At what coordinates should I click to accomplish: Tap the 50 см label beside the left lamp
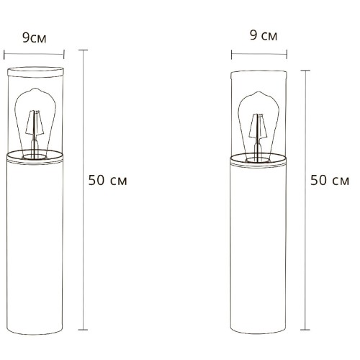[107, 180]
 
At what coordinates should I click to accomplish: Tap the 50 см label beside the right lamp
[330, 180]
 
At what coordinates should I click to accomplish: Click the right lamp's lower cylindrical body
[261, 245]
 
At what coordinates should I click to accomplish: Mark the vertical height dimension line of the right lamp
[308, 194]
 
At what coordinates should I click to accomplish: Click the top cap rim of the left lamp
[34, 70]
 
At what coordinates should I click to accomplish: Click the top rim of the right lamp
[261, 73]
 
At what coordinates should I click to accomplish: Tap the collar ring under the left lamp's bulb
[34, 156]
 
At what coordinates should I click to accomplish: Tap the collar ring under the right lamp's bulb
[261, 159]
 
